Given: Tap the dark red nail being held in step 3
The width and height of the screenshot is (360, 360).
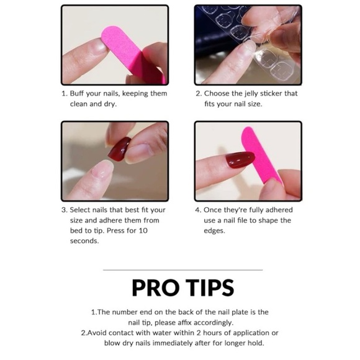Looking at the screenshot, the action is click(119, 149).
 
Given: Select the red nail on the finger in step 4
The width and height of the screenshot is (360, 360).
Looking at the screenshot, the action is click(240, 160).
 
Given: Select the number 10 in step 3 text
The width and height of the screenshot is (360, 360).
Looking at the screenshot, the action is click(143, 230).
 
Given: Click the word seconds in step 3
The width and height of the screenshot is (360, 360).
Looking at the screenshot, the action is click(84, 241).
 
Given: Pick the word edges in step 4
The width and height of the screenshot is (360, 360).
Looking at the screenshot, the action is click(214, 231).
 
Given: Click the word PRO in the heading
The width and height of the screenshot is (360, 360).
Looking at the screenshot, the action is click(155, 287).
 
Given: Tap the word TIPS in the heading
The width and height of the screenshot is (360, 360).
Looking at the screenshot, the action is click(210, 287).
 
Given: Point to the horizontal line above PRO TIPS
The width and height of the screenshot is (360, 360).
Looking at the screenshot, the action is click(182, 270).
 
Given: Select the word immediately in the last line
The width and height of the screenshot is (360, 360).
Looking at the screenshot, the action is click(173, 343).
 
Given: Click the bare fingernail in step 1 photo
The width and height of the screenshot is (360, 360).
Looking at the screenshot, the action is click(99, 47).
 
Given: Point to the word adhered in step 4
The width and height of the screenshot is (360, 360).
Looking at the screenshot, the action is click(279, 210).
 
